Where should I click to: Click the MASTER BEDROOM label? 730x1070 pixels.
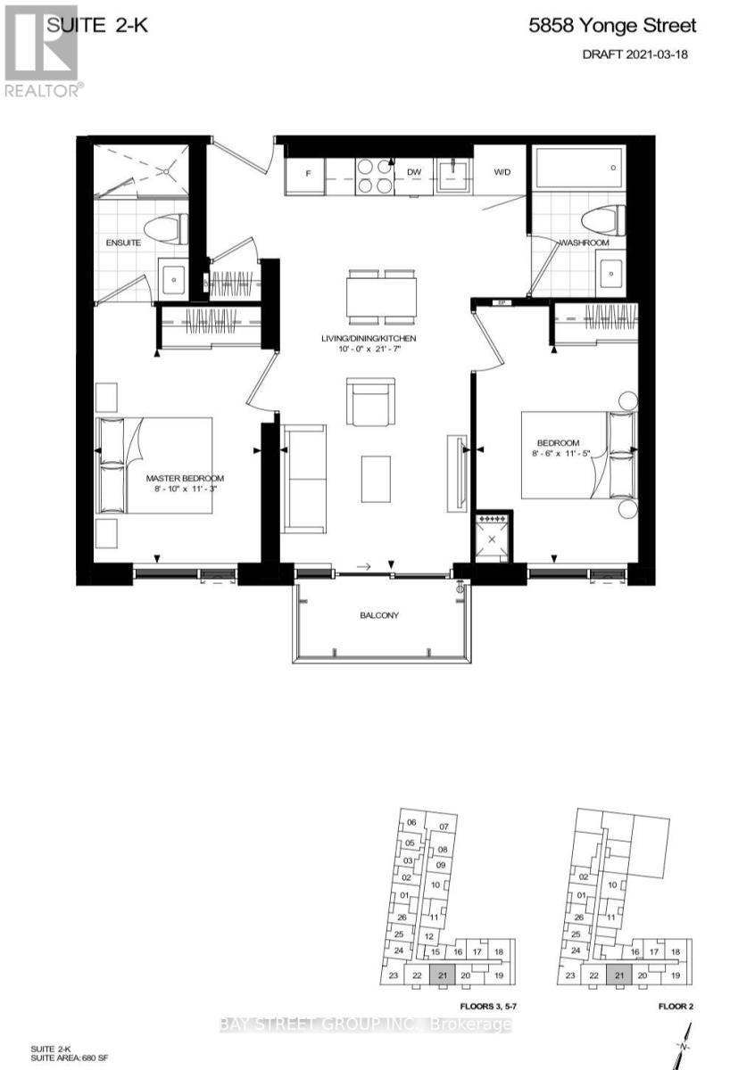pyautogui.click(x=185, y=478)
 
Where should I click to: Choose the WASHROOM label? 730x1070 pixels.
pyautogui.click(x=584, y=243)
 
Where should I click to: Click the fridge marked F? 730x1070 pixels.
pyautogui.click(x=306, y=173)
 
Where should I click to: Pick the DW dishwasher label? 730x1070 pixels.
pyautogui.click(x=414, y=172)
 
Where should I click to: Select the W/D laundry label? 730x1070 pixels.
pyautogui.click(x=502, y=172)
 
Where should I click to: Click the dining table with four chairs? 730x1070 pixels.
pyautogui.click(x=382, y=295)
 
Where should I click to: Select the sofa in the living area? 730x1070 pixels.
pyautogui.click(x=304, y=480)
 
